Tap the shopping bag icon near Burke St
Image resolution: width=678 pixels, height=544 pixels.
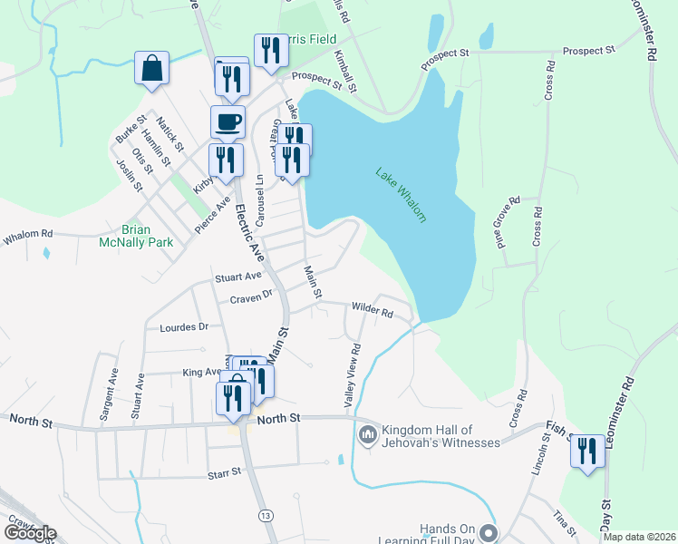tap(151, 68)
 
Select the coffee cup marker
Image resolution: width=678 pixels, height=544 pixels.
tap(228, 121)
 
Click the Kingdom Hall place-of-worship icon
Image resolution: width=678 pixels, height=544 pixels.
tap(367, 436)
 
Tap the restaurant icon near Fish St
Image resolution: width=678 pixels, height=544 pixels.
tap(587, 451)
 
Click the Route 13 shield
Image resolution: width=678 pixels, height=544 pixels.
tap(265, 516)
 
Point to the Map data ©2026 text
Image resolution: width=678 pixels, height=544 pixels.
tap(640, 537)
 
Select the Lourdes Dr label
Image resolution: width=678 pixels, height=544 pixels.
tap(184, 326)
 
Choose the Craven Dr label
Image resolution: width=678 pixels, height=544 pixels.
tap(251, 296)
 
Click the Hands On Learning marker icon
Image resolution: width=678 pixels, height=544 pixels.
tap(489, 533)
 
